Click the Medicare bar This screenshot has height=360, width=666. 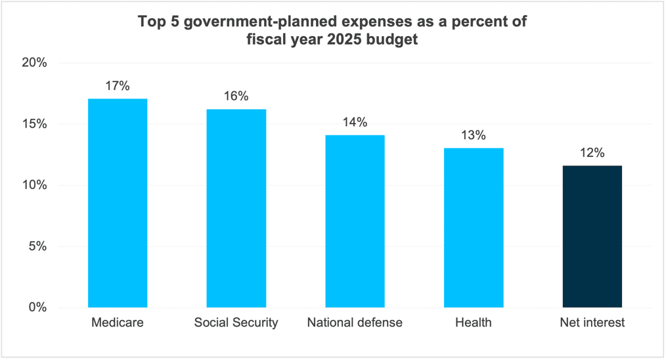point(118,203)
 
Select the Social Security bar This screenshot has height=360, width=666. point(236,208)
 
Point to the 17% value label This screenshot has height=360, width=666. point(118,86)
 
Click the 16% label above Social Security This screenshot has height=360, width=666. point(236,97)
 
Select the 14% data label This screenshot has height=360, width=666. point(355,123)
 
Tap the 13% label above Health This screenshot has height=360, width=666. point(474,135)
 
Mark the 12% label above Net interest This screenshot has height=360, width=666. point(592,153)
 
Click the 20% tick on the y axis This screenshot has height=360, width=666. point(33,63)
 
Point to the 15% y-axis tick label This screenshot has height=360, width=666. point(33,124)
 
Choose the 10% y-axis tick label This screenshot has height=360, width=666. point(33,185)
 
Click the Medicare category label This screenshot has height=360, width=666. point(118,323)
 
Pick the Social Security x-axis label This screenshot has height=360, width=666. point(236,323)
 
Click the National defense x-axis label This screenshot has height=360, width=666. point(355,323)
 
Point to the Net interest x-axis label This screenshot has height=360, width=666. point(592,323)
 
